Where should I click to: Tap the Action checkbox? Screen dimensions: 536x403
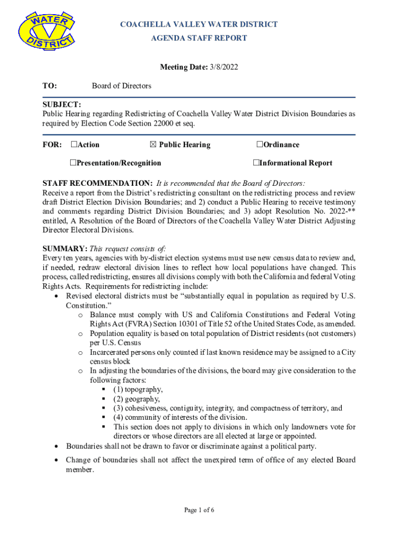74,144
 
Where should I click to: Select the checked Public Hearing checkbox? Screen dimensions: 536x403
153,144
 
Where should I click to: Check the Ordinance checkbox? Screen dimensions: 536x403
260,144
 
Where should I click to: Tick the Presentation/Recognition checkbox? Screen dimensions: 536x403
74,163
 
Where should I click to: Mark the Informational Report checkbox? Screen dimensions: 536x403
256,163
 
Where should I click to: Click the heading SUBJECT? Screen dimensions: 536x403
62,105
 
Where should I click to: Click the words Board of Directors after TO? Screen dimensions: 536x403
121,86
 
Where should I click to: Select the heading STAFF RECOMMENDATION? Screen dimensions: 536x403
97,183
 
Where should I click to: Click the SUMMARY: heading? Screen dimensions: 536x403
65,249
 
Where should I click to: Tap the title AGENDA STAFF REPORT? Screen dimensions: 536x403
199,38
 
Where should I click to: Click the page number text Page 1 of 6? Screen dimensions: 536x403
199,510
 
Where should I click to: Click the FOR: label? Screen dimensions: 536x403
52,144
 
